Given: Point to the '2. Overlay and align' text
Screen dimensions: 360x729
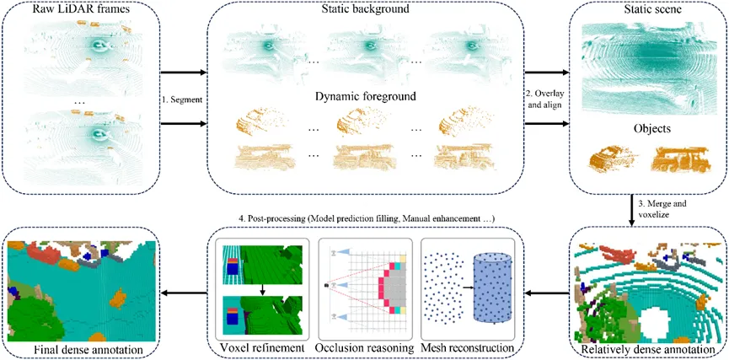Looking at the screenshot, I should click(x=546, y=99).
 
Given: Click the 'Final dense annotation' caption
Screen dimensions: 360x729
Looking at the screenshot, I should click(x=82, y=349).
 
